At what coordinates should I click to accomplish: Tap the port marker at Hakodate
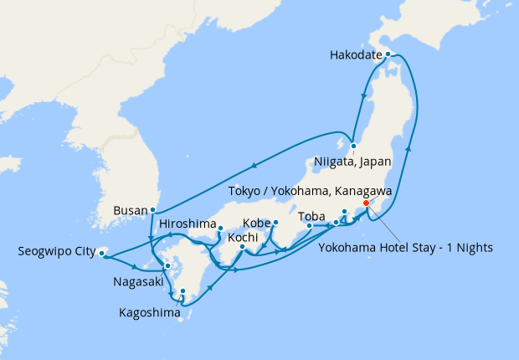[388, 54]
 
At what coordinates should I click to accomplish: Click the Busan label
[131, 209]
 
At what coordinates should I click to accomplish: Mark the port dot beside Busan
[152, 209]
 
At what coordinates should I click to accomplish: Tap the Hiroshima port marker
[220, 228]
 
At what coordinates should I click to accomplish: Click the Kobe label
[256, 224]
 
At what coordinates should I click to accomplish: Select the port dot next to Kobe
[275, 223]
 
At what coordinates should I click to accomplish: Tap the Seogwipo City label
[56, 250]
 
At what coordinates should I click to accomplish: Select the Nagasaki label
[140, 282]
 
